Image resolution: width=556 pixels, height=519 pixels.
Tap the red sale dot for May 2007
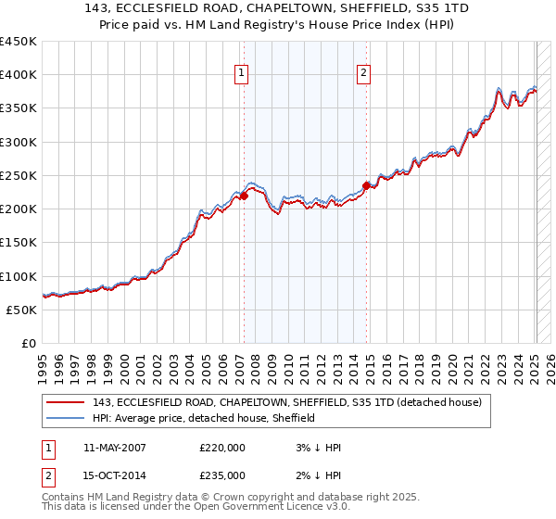[x=245, y=196]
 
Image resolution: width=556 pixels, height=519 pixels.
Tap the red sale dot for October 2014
[x=367, y=185]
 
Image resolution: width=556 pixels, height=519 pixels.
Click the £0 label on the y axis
[x=30, y=344]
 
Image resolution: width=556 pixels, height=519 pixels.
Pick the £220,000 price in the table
[x=222, y=447]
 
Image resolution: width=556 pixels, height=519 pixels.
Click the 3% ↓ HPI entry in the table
[x=310, y=447]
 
